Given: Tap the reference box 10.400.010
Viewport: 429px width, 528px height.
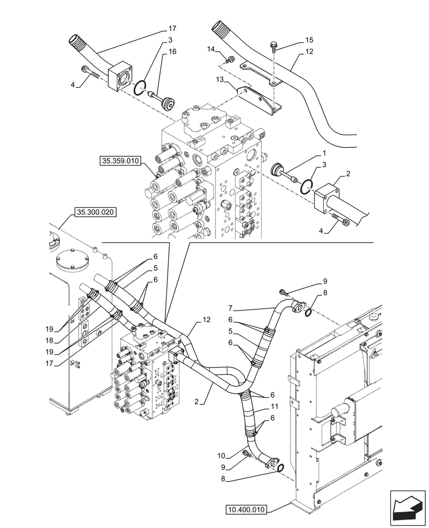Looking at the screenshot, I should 247,510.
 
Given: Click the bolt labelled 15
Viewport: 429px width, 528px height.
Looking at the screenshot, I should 273,46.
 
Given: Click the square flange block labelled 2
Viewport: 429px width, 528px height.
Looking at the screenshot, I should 329,201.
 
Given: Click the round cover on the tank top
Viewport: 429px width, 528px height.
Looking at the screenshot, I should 70,260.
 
